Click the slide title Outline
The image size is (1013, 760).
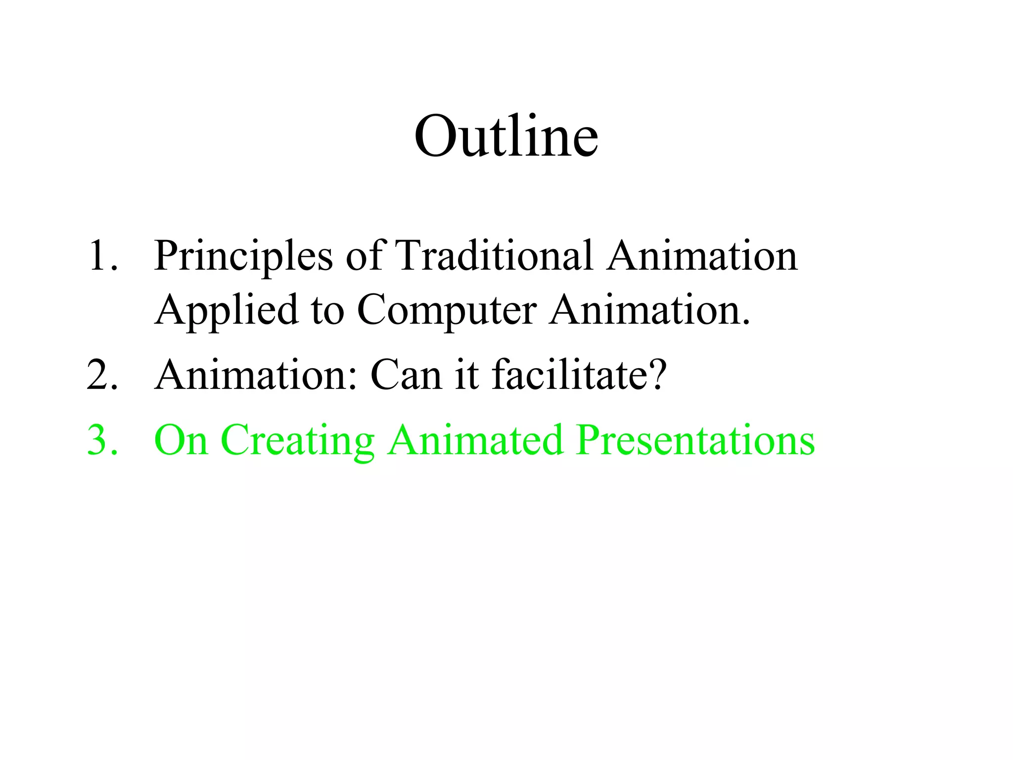[506, 136]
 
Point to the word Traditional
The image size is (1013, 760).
[495, 256]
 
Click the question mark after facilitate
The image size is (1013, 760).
[657, 375]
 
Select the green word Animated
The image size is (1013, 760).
[475, 440]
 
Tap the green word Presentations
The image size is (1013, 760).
[695, 440]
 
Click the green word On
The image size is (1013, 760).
[181, 440]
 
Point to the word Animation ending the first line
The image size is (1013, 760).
[702, 256]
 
